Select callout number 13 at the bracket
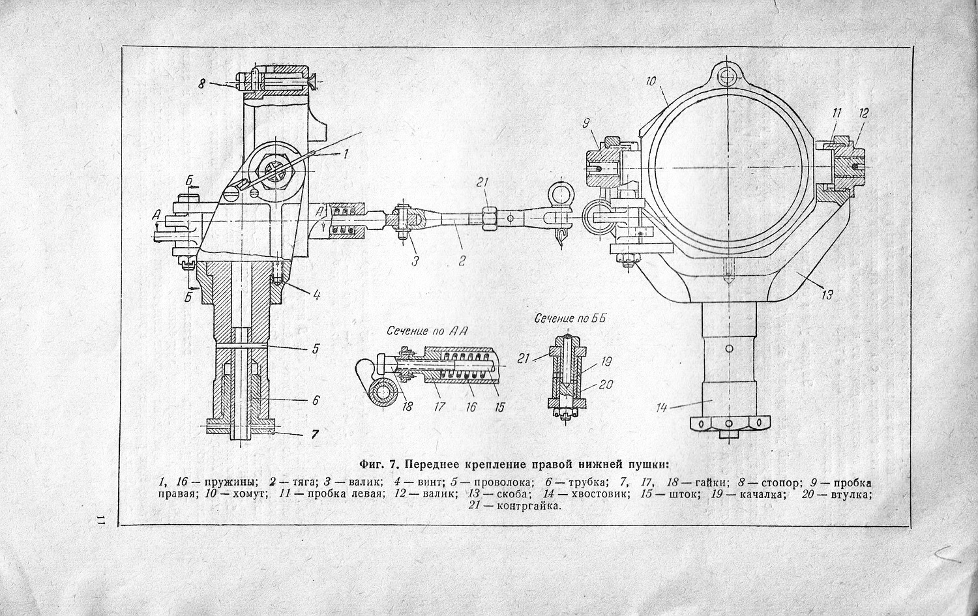pos(827,295)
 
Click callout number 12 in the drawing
pos(863,113)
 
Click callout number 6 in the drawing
pos(316,400)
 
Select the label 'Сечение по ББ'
pos(570,319)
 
